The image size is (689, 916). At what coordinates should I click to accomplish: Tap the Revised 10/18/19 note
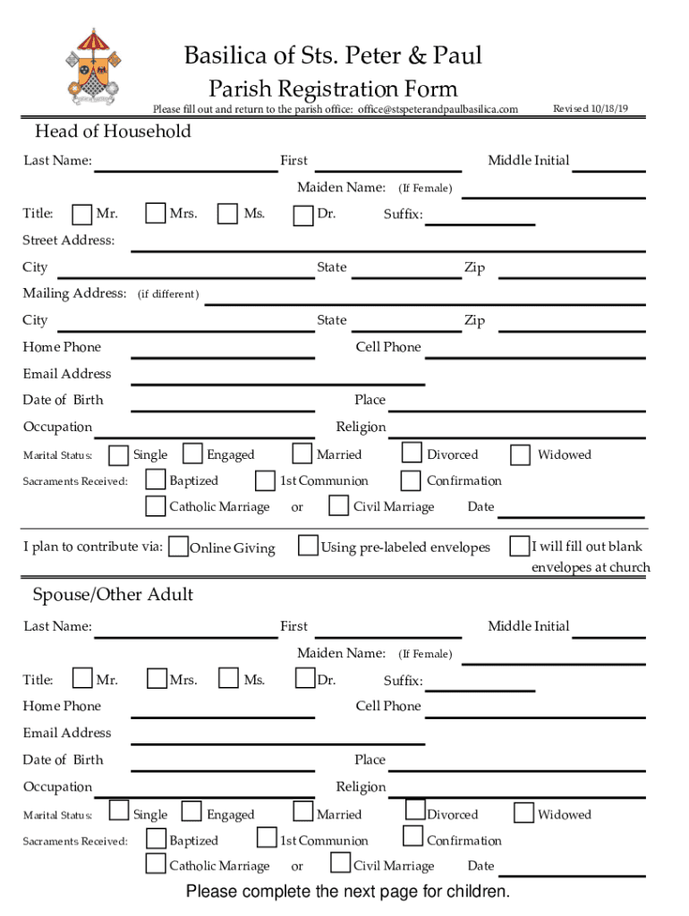pyautogui.click(x=591, y=109)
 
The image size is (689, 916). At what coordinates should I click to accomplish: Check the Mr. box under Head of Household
pyautogui.click(x=82, y=214)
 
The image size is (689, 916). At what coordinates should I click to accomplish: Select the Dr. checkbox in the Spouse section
pyautogui.click(x=305, y=679)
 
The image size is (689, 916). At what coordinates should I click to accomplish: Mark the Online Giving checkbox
pyautogui.click(x=178, y=547)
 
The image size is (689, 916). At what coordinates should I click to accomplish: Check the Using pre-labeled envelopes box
pyautogui.click(x=308, y=546)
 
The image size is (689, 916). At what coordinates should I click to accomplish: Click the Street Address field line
pyautogui.click(x=387, y=250)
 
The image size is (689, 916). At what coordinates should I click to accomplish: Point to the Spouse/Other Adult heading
pyautogui.click(x=113, y=595)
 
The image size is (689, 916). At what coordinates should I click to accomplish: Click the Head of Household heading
pyautogui.click(x=113, y=131)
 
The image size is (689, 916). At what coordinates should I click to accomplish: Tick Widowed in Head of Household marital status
pyautogui.click(x=520, y=454)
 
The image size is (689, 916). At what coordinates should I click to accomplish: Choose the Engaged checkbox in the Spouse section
pyautogui.click(x=191, y=812)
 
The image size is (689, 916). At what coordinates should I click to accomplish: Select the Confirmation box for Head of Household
pyautogui.click(x=411, y=480)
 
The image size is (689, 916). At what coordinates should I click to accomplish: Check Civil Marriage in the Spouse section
pyautogui.click(x=340, y=862)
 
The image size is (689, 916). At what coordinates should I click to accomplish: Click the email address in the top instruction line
pyautogui.click(x=438, y=109)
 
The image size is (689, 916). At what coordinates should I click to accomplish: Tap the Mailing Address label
pyautogui.click(x=74, y=293)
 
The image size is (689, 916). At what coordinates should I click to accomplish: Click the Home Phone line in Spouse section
pyautogui.click(x=223, y=715)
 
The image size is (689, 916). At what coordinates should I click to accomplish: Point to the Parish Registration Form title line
pyautogui.click(x=333, y=89)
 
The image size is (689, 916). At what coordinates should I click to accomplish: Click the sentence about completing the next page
pyautogui.click(x=348, y=892)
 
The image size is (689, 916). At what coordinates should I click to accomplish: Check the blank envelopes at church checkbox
pyautogui.click(x=519, y=546)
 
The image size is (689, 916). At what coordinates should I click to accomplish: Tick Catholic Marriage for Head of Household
pyautogui.click(x=156, y=506)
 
